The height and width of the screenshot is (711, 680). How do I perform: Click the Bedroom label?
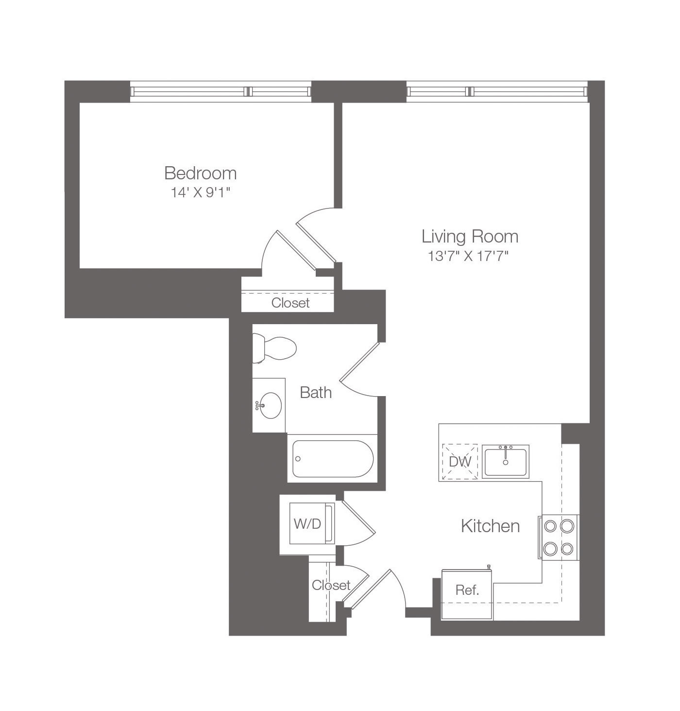click(201, 173)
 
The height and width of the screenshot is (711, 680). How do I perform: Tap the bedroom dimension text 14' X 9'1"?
click(201, 192)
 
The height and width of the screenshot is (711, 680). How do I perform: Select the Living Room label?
click(470, 236)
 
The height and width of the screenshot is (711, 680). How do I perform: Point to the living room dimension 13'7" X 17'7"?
click(468, 257)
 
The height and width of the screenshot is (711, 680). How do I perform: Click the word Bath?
click(316, 393)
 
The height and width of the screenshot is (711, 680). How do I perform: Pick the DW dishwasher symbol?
click(460, 462)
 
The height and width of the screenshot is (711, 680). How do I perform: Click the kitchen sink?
click(506, 462)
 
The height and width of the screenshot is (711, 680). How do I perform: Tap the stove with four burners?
click(559, 537)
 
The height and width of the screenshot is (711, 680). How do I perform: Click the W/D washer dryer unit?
click(312, 523)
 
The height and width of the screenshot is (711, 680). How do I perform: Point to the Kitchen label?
click(491, 526)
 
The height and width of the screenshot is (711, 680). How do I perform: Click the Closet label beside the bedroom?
click(290, 303)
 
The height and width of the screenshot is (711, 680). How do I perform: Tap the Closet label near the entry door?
click(331, 585)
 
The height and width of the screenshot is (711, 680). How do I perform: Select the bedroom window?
click(221, 91)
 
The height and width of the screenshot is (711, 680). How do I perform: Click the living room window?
click(497, 91)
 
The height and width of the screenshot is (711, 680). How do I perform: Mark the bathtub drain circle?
click(298, 459)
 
